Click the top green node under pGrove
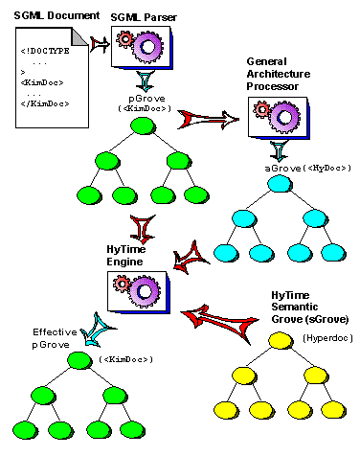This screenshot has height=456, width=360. click(x=140, y=128)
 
